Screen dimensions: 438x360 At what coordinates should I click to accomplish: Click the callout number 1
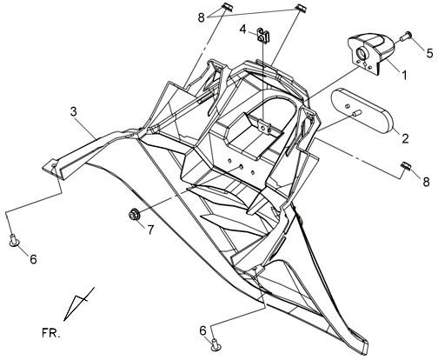[x=403, y=75]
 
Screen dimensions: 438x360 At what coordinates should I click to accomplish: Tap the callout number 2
[x=405, y=138]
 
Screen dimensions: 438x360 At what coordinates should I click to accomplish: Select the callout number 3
[x=74, y=111]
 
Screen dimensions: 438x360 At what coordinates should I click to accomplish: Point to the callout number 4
[x=243, y=29]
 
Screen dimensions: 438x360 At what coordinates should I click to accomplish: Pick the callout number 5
[x=429, y=53]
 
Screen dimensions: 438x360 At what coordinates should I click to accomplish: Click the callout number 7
[x=150, y=230]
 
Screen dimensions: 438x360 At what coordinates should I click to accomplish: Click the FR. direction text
[x=51, y=333]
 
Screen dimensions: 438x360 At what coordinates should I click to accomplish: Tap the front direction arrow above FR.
[x=77, y=303]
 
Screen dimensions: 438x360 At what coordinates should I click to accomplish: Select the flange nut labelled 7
[x=135, y=215]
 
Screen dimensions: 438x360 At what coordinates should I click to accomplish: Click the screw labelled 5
[x=406, y=37]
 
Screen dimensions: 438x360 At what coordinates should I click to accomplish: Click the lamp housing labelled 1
[x=371, y=53]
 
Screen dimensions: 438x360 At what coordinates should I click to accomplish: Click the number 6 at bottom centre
[x=203, y=330]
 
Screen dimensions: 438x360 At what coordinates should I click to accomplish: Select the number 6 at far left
[x=33, y=259]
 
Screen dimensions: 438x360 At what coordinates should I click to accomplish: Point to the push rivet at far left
[x=14, y=240]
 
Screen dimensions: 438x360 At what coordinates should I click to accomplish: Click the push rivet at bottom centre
[x=216, y=344]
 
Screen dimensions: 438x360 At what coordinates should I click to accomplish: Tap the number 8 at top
[x=202, y=17]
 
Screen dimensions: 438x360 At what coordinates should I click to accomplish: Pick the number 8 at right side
[x=426, y=182]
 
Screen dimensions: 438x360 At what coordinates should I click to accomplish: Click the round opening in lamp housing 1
[x=362, y=52]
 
